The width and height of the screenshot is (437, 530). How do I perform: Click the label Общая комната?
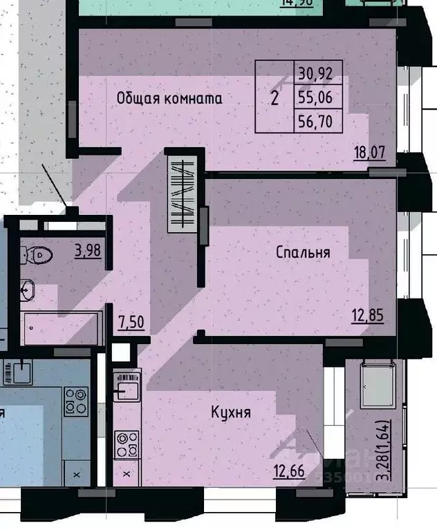[x=169, y=98]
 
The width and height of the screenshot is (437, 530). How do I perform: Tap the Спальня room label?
[x=303, y=252]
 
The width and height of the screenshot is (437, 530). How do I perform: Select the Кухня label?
[x=231, y=413]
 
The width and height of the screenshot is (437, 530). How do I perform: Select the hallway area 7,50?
[x=131, y=322]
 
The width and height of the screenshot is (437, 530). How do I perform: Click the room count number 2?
[x=275, y=97]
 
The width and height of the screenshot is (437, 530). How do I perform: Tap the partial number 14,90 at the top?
[x=297, y=3]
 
